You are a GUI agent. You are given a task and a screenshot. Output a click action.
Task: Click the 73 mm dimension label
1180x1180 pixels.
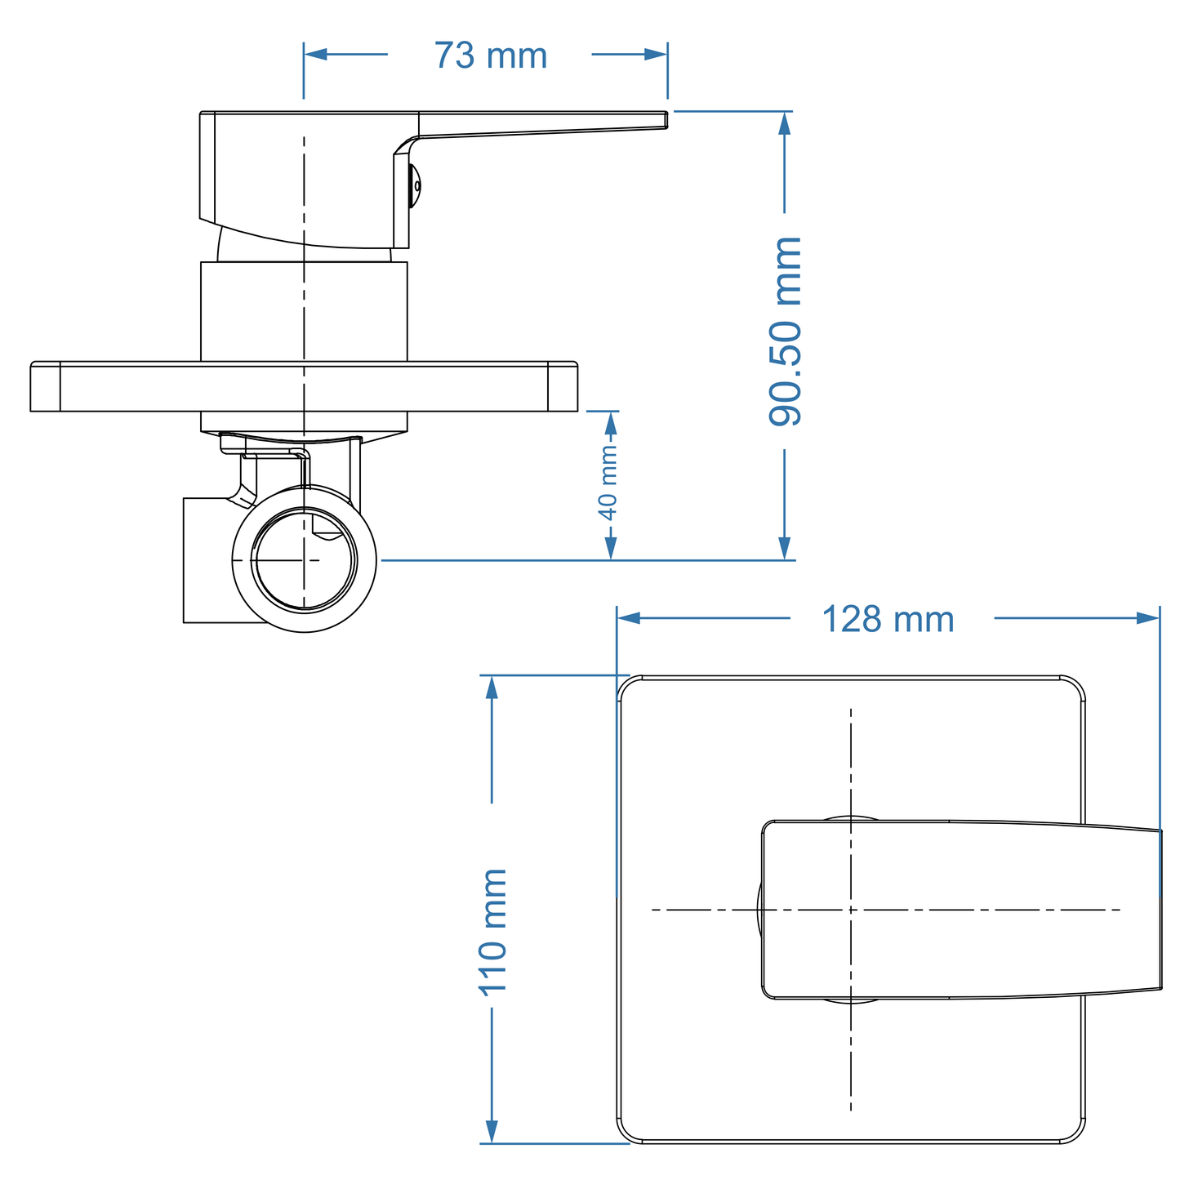tap(490, 56)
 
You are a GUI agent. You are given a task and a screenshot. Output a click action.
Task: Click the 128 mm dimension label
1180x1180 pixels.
tap(888, 620)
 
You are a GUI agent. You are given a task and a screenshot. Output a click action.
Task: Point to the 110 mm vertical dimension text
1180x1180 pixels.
tap(492, 932)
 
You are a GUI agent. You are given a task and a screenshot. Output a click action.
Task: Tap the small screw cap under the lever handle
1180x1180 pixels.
tap(416, 185)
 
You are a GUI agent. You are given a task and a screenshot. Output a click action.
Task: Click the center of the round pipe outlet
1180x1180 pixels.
tap(304, 560)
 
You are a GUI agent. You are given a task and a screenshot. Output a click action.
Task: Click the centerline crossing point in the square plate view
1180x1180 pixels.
tap(851, 909)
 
